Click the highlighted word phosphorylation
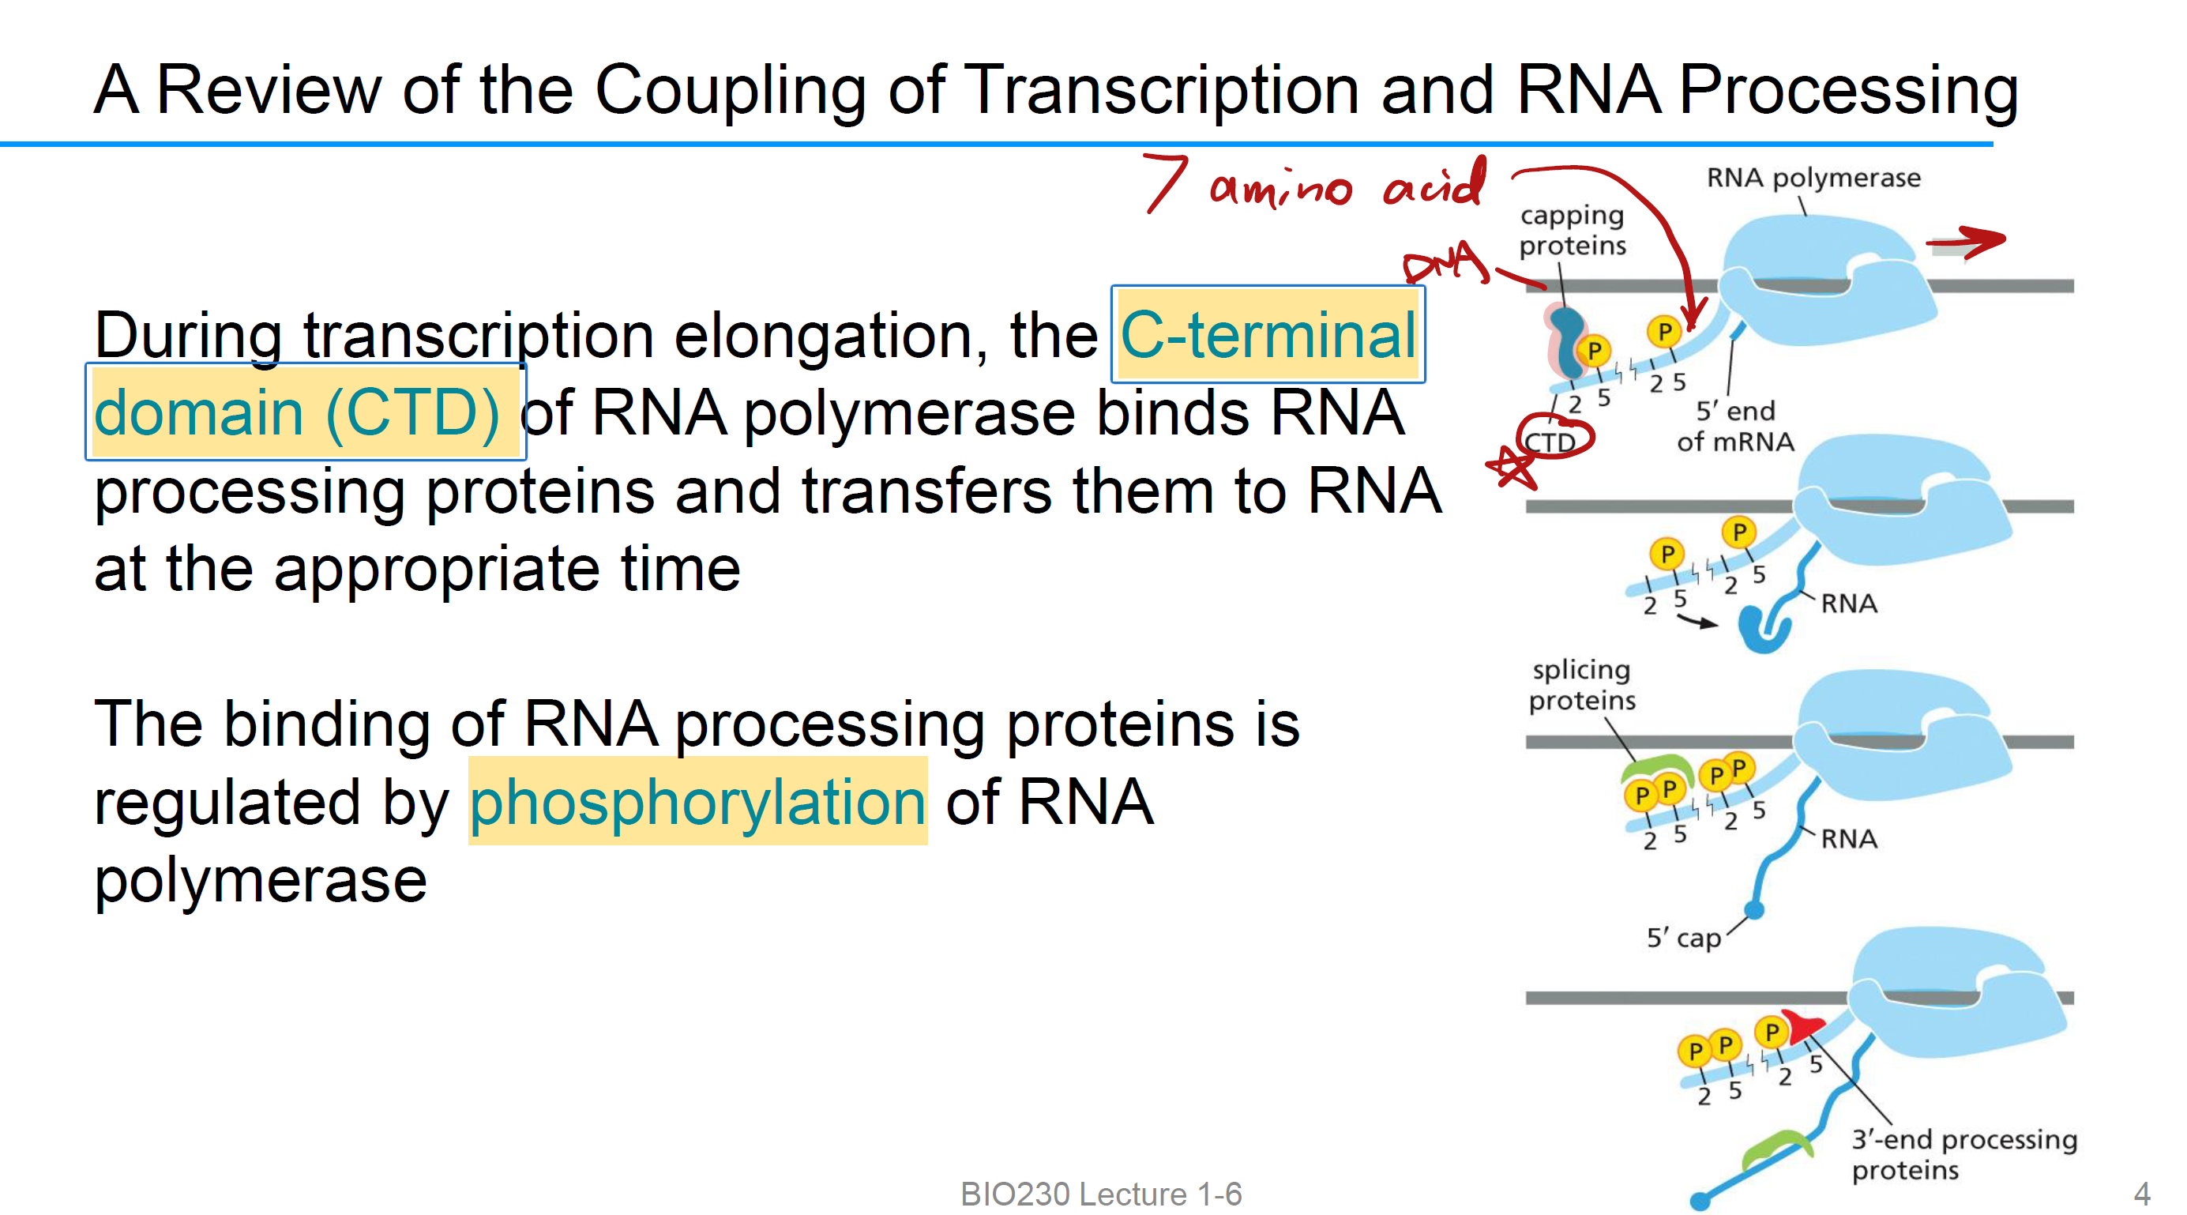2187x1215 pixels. click(697, 803)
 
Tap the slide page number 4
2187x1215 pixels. click(2141, 1194)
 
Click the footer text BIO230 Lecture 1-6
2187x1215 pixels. click(1100, 1194)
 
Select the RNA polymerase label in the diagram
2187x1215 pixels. click(1813, 179)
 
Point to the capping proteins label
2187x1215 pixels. click(1572, 230)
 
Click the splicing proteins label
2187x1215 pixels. click(1581, 685)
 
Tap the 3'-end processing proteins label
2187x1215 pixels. click(1963, 1154)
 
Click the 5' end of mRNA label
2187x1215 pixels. click(1734, 427)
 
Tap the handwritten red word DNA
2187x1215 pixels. click(1446, 262)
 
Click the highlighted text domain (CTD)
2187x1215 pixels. click(297, 413)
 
